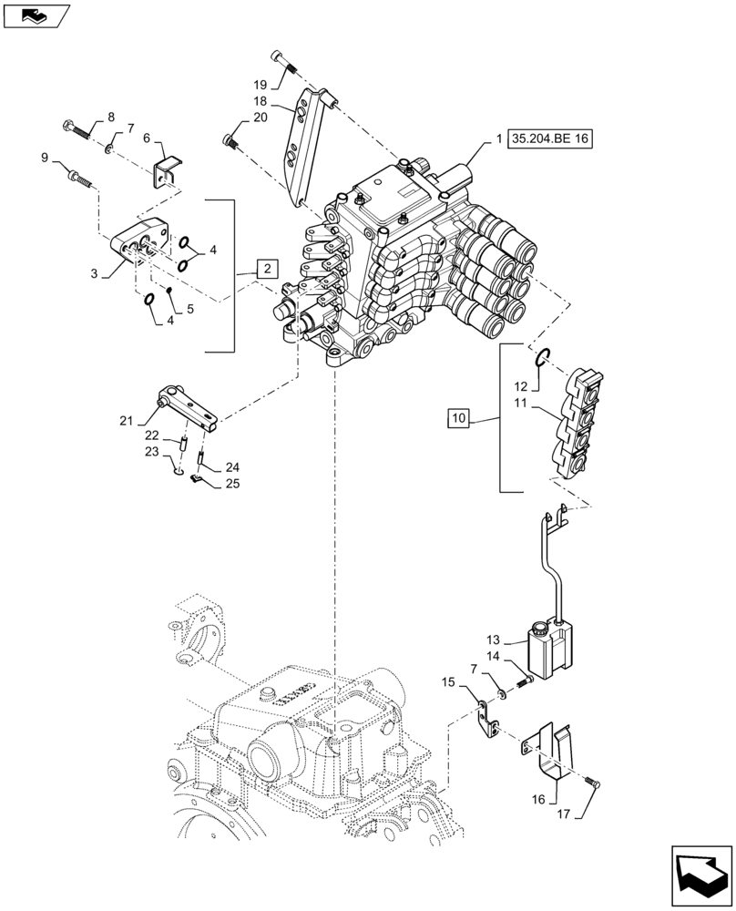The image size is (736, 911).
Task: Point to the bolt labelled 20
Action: click(x=230, y=141)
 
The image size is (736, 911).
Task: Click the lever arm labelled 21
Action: click(x=189, y=404)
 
